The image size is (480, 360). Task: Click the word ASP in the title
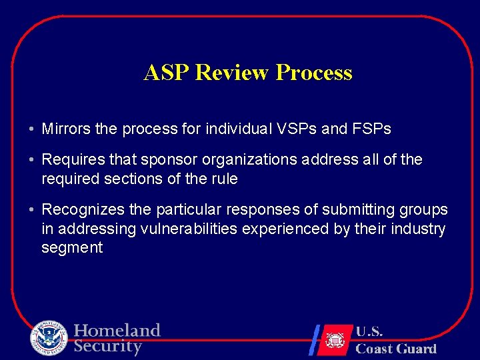pos(167,73)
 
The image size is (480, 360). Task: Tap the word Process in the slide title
pos(313,73)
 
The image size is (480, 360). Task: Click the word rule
pos(225,179)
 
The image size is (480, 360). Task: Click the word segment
pos(72,248)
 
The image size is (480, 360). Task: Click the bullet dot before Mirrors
pos(31,129)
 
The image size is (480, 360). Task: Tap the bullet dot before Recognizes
pos(31,211)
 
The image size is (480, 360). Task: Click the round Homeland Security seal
pos(49,339)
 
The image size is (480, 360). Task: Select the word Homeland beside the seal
pos(117,331)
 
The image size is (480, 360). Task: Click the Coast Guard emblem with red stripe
pos(333,339)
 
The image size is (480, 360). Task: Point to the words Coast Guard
pos(396,348)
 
